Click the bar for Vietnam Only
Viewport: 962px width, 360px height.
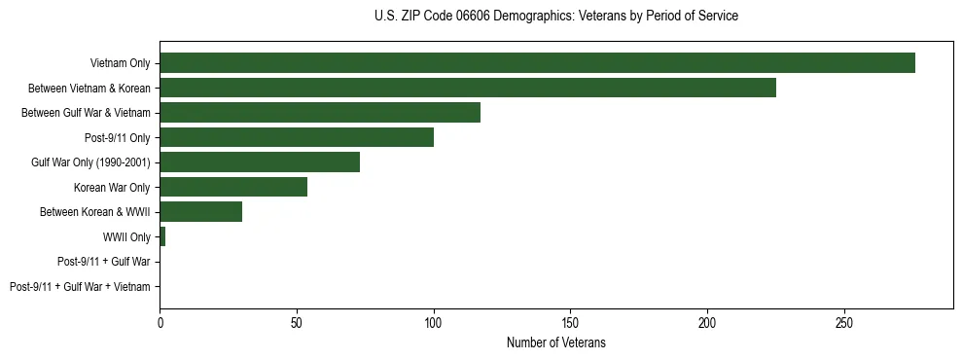(537, 63)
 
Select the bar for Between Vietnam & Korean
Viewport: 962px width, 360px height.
(468, 88)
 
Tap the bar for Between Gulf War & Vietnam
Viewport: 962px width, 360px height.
(320, 113)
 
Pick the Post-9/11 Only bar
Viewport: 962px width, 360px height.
(297, 137)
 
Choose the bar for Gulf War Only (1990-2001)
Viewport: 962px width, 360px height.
(260, 162)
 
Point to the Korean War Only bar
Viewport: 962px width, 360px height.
(233, 187)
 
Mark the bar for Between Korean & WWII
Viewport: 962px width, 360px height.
(201, 212)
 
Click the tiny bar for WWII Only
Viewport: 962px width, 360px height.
(162, 236)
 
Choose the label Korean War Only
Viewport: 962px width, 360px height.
(112, 187)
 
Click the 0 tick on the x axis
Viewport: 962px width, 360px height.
(160, 321)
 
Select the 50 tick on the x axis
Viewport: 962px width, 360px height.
(297, 321)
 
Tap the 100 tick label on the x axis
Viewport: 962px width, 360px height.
(434, 321)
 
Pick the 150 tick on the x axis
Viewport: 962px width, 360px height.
(571, 321)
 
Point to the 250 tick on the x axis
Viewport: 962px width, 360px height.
(844, 321)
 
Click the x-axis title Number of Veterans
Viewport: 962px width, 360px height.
(555, 342)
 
